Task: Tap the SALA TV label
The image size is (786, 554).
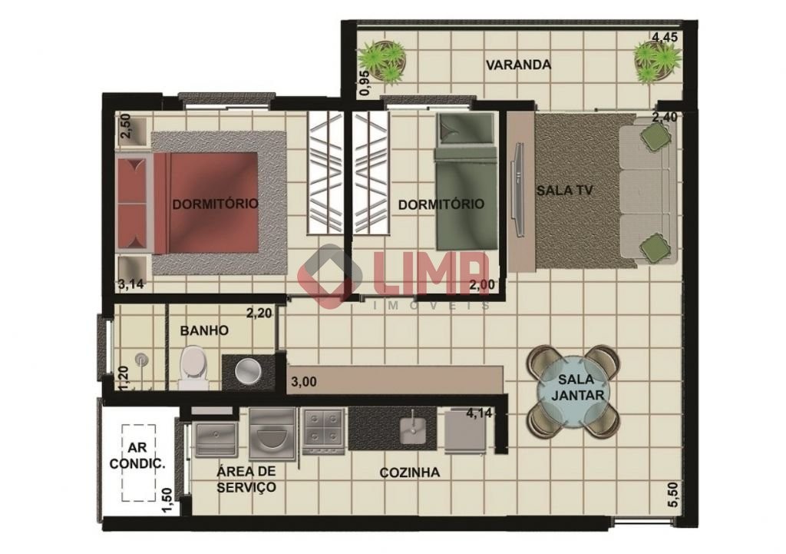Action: (x=565, y=191)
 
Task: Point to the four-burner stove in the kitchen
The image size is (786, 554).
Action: (x=323, y=431)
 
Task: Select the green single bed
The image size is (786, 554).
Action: (x=466, y=181)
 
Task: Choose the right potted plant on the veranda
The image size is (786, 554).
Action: (x=657, y=61)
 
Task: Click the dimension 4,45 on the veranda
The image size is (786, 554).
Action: (x=665, y=37)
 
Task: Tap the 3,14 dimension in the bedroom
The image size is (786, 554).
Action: (x=130, y=284)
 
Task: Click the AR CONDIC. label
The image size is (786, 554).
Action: (x=137, y=456)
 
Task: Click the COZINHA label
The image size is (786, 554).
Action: (x=410, y=473)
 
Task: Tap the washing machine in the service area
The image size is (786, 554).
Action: (x=272, y=433)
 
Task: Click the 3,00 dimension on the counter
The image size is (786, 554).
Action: (x=304, y=382)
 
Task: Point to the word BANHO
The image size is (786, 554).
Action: (x=204, y=330)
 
